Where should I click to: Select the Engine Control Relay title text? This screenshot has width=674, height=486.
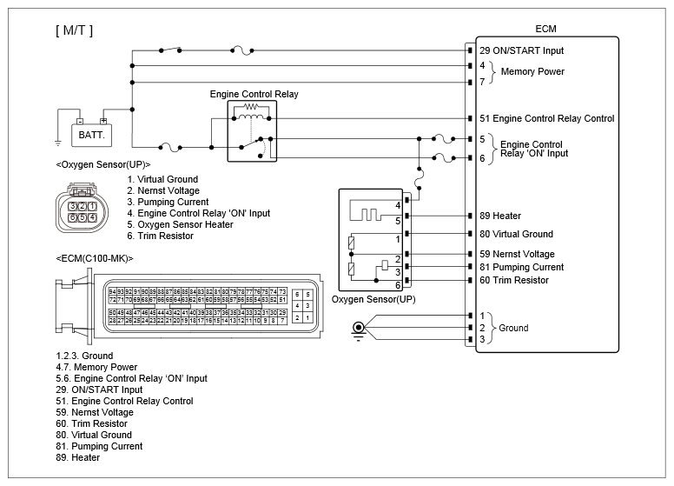coord(254,93)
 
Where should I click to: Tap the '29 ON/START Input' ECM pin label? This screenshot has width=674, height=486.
coord(521,51)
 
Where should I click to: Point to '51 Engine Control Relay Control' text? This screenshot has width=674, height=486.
coord(546,118)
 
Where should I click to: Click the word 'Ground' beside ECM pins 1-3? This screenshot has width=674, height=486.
coord(513,328)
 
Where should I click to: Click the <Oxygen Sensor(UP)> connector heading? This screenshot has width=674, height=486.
coord(102,163)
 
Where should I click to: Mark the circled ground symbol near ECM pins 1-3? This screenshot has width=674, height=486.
coord(357,329)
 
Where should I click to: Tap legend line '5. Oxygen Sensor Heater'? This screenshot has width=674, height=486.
coord(179,224)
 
